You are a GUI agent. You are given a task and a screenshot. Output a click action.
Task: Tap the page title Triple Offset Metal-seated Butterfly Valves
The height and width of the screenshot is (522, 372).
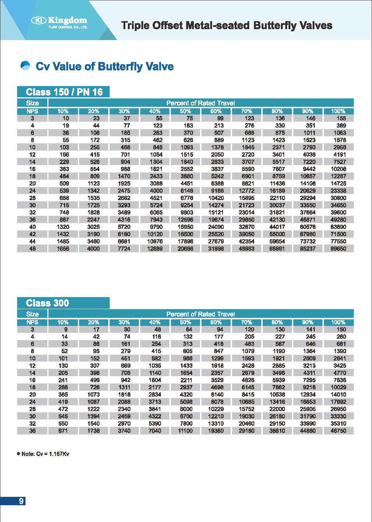tap(227, 26)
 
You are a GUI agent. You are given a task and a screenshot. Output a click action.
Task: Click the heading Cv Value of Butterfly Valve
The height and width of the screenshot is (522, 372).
tap(105, 66)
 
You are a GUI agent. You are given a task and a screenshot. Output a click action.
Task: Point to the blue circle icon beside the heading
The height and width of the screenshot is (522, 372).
tap(25, 66)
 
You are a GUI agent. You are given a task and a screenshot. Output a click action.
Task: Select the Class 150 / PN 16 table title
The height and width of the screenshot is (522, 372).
tap(64, 92)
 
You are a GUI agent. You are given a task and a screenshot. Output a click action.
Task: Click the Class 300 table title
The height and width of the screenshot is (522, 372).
tap(47, 303)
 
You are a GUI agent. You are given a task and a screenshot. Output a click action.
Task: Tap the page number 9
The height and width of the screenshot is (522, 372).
tap(21, 501)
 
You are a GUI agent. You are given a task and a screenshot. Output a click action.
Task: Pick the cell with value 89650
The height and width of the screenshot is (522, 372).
tap(338, 249)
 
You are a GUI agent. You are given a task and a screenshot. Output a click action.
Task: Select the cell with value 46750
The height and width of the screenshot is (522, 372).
tap(338, 431)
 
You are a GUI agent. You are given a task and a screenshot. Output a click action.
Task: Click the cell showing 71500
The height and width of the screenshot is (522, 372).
tap(338, 234)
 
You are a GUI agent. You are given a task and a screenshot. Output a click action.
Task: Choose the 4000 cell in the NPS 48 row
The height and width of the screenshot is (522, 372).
tap(93, 249)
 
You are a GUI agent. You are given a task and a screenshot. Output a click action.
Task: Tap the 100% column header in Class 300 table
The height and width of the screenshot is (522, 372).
tap(338, 322)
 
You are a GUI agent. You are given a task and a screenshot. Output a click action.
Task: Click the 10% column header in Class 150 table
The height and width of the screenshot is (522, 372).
tap(63, 111)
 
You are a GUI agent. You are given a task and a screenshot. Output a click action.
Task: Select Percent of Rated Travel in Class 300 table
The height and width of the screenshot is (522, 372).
tap(200, 314)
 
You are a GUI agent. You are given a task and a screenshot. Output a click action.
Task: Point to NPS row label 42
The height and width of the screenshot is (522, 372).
tap(32, 234)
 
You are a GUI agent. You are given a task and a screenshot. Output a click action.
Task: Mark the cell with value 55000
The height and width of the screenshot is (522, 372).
tap(277, 234)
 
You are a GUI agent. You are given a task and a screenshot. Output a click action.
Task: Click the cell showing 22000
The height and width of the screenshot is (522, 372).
tap(277, 409)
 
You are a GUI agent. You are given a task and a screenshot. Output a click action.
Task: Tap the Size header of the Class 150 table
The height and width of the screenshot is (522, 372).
tap(32, 103)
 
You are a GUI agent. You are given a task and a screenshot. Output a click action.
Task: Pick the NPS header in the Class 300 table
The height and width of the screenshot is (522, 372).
tap(32, 322)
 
